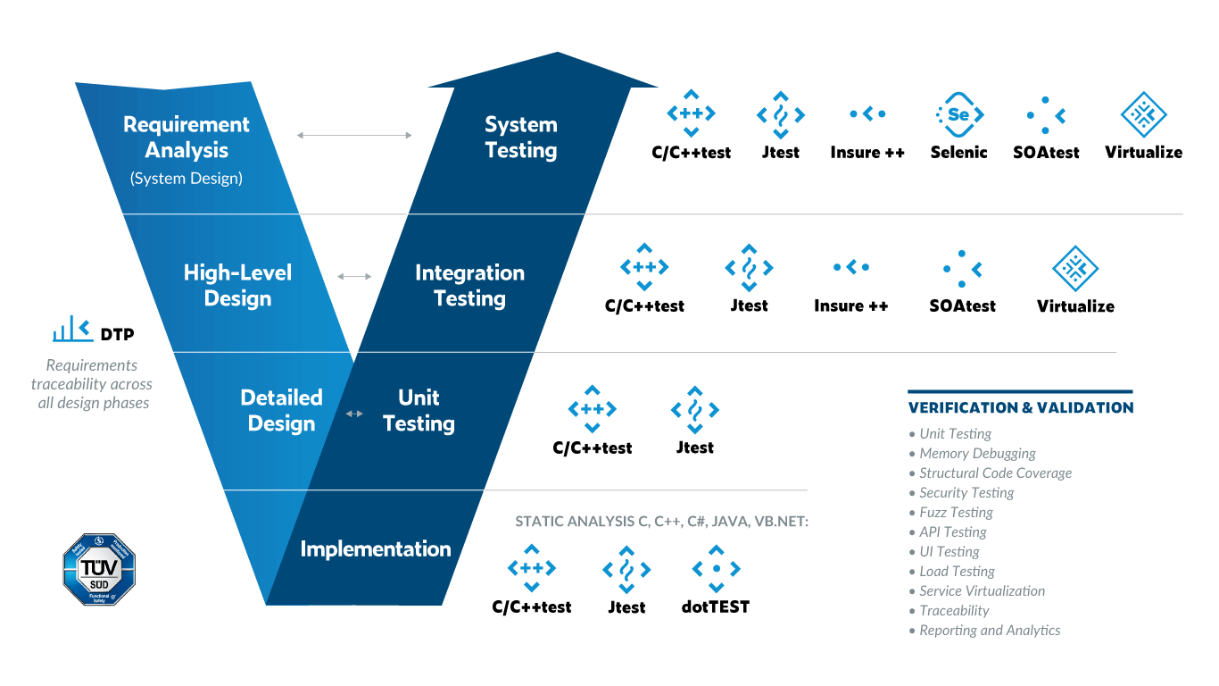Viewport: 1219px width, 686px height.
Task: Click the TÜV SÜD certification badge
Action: (x=98, y=569)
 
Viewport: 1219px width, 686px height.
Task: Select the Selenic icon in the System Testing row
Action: (x=958, y=114)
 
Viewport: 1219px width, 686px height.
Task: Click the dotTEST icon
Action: (x=716, y=569)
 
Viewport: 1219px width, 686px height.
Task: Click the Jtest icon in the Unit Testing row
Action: (x=694, y=410)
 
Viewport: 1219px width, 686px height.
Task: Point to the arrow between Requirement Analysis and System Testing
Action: (x=354, y=135)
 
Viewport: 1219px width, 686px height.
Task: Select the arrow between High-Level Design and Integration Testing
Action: (x=354, y=276)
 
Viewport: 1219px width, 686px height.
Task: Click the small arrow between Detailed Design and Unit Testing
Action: (x=354, y=414)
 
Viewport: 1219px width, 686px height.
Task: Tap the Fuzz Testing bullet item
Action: (x=956, y=513)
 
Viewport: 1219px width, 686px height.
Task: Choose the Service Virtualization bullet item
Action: (x=982, y=591)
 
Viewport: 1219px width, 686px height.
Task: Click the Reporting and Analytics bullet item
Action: (x=990, y=631)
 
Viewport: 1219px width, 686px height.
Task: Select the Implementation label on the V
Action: (x=375, y=548)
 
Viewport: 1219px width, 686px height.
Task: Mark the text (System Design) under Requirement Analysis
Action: (x=186, y=178)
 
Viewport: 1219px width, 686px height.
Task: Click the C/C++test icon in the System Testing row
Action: (x=691, y=114)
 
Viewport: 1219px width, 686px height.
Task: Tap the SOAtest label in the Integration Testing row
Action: (x=962, y=305)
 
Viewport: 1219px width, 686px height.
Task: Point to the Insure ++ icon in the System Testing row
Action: (x=867, y=114)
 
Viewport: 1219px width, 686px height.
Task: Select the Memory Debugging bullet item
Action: (x=977, y=454)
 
